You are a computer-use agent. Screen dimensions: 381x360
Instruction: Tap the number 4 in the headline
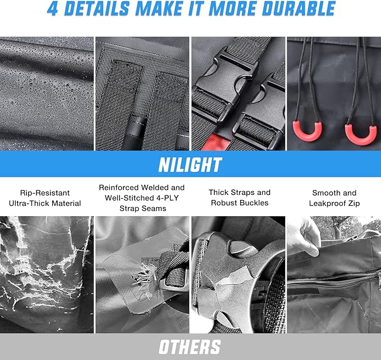pyautogui.click(x=53, y=9)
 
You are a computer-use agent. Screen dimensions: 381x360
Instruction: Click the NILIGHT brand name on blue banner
pyautogui.click(x=190, y=165)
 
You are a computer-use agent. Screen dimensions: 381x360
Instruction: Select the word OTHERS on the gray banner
pyautogui.click(x=190, y=347)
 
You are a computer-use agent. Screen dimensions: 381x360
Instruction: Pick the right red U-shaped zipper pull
pyautogui.click(x=361, y=135)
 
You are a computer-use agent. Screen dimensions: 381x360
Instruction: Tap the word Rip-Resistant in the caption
pyautogui.click(x=45, y=193)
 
